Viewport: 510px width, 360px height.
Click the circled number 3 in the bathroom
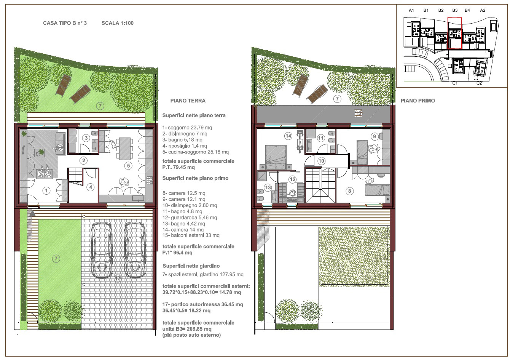point(86,138)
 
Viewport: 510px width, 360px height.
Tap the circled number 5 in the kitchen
point(128,166)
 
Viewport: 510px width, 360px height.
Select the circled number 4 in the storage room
point(91,187)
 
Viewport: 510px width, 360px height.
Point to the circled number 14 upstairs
point(288,136)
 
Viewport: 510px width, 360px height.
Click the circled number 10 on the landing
point(321,161)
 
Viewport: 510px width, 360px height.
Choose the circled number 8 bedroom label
point(349,191)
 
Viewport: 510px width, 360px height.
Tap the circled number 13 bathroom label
point(268,187)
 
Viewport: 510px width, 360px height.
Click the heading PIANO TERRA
point(188,101)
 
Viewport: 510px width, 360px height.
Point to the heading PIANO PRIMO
point(418,101)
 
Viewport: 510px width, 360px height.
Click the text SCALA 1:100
point(118,23)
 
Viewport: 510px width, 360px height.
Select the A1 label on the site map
point(411,10)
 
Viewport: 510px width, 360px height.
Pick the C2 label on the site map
point(479,83)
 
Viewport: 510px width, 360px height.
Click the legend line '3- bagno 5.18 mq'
point(182,140)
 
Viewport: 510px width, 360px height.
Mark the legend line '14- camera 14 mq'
point(183,230)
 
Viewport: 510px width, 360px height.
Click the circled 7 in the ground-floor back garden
point(100,106)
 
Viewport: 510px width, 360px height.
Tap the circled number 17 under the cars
point(118,278)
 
